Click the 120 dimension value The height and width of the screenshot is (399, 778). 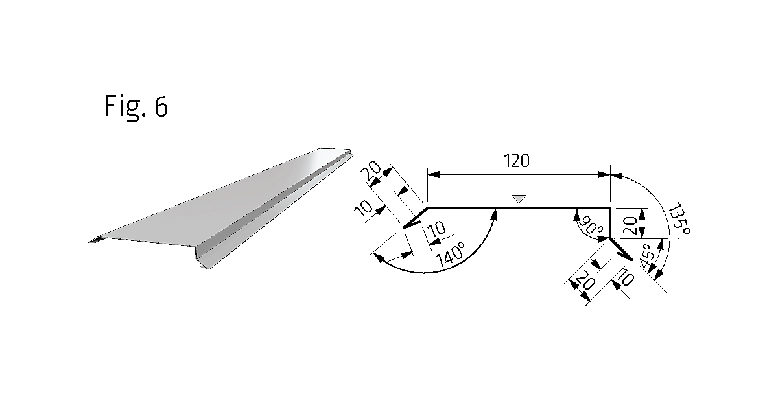[x=517, y=161]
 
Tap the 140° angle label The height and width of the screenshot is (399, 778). [x=450, y=255]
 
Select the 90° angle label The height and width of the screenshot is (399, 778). [x=591, y=226]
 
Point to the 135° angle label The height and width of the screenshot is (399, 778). [x=679, y=220]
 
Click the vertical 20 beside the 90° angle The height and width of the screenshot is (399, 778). [x=630, y=225]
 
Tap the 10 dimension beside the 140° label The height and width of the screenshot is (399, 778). [x=437, y=229]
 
